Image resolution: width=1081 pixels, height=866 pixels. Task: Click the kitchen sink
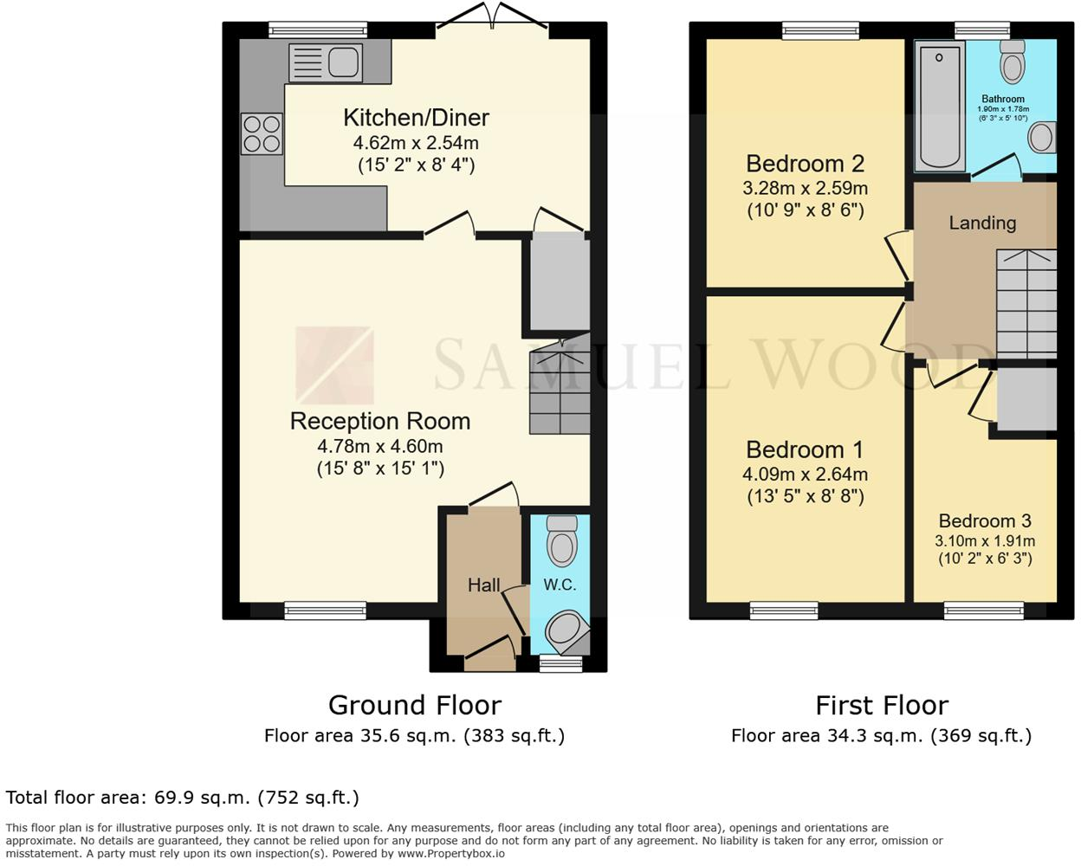pos(327,62)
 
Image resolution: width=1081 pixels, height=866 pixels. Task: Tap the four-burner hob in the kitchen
pos(262,134)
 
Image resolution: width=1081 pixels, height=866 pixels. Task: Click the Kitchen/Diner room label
pos(416,118)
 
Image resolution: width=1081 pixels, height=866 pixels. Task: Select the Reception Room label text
pos(380,422)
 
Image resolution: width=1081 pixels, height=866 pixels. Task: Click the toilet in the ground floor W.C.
pos(562,542)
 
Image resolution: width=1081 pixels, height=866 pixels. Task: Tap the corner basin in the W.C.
pos(566,631)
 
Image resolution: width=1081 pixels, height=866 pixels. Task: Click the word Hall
pos(483,585)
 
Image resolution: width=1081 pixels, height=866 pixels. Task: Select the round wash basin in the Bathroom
pos(1041,137)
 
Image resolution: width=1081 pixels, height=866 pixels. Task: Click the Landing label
pos(982,223)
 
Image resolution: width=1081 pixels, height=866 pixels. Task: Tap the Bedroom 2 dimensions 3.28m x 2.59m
pos(805,188)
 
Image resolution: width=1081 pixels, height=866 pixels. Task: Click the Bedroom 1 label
pos(805,450)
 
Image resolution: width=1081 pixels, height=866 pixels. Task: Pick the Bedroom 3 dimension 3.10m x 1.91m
pos(985,540)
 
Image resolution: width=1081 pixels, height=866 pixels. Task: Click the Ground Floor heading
pos(414,705)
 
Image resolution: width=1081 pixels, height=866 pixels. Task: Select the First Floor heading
pos(882,705)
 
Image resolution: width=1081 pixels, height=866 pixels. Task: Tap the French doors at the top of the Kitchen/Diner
pos(492,26)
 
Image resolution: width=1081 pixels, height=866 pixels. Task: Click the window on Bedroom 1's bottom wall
pos(784,611)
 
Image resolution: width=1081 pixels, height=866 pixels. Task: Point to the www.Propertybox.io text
pos(451,854)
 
